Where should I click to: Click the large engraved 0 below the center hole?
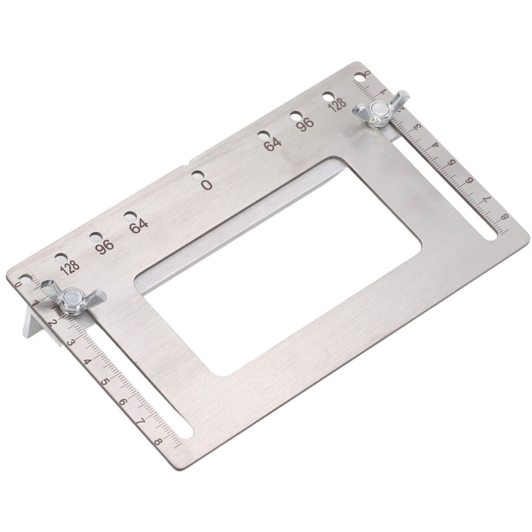tap(206, 185)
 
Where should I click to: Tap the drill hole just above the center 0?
tap(198, 176)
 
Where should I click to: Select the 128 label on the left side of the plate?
tap(70, 268)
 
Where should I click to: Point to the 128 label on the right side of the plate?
tap(337, 104)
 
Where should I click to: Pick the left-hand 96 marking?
tap(104, 247)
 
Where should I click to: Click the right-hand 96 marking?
tap(305, 124)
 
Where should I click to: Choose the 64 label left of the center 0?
tap(138, 226)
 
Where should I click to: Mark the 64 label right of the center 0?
tap(273, 144)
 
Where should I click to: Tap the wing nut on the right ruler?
tap(380, 109)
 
